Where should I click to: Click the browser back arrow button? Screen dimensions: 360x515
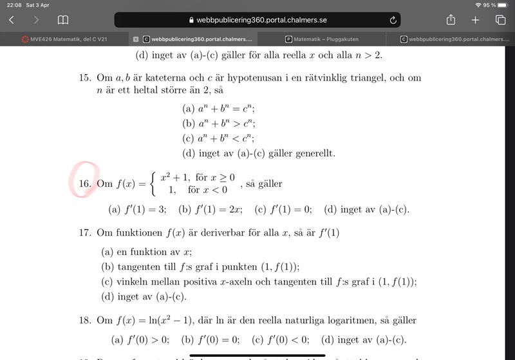12,20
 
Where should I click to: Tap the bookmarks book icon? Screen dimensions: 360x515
63,20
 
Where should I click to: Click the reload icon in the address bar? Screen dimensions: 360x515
393,20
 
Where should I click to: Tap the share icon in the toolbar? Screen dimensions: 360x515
451,20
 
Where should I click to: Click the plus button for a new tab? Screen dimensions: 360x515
476,20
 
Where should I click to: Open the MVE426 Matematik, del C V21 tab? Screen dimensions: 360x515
64,39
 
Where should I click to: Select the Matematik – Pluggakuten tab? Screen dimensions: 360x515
322,39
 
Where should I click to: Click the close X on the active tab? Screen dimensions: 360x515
136,39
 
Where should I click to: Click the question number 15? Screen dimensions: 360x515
86,78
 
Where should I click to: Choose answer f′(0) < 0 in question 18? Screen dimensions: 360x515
281,341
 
